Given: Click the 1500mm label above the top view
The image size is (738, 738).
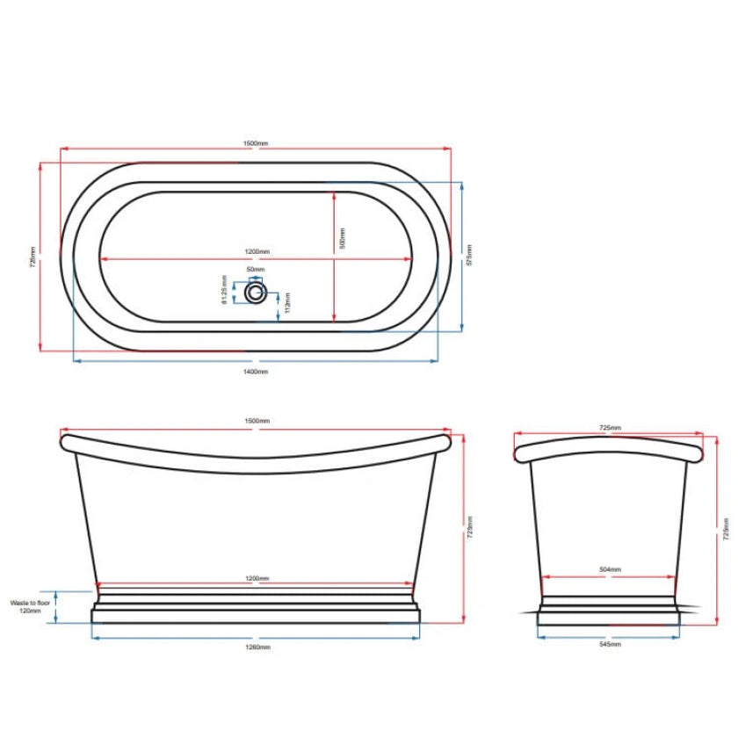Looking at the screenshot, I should pos(256,143).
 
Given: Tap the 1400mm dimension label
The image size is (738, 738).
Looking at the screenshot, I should pos(256,372).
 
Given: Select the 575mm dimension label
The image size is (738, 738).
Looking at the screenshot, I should pos(470,256).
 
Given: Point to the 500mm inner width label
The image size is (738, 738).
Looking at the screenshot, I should pos(343,237).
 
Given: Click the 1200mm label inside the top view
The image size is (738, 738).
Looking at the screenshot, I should pos(257,252).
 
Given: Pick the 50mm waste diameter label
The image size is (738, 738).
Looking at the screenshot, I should pos(256,270).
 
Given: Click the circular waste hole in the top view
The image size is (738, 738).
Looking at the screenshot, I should pos(256,292).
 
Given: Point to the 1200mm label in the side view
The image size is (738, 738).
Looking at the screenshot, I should pos(257,578).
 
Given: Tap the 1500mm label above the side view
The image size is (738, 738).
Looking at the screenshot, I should pos(257,422).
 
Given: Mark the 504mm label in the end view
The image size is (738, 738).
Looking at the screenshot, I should pos(610,570).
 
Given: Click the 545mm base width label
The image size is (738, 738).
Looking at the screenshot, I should pos(610,645).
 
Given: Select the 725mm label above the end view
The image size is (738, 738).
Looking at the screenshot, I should pos(610,427).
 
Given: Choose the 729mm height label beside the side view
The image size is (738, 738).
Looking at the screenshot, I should pos(470,527).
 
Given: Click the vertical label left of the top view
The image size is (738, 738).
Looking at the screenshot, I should pos(32,256).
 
